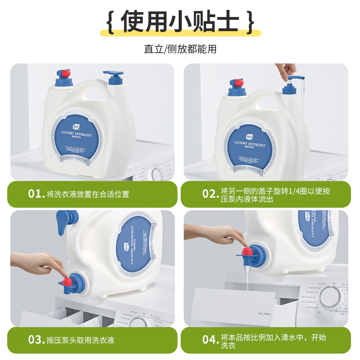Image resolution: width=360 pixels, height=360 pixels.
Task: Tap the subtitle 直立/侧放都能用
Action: [x=180, y=49]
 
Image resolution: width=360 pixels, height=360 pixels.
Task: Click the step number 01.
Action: [x=35, y=194]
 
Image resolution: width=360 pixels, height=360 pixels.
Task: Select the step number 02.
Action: [x=209, y=194]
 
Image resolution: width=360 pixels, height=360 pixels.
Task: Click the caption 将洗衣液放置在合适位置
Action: [x=88, y=194]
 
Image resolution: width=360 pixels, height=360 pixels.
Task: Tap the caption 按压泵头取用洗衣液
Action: [x=80, y=340]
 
